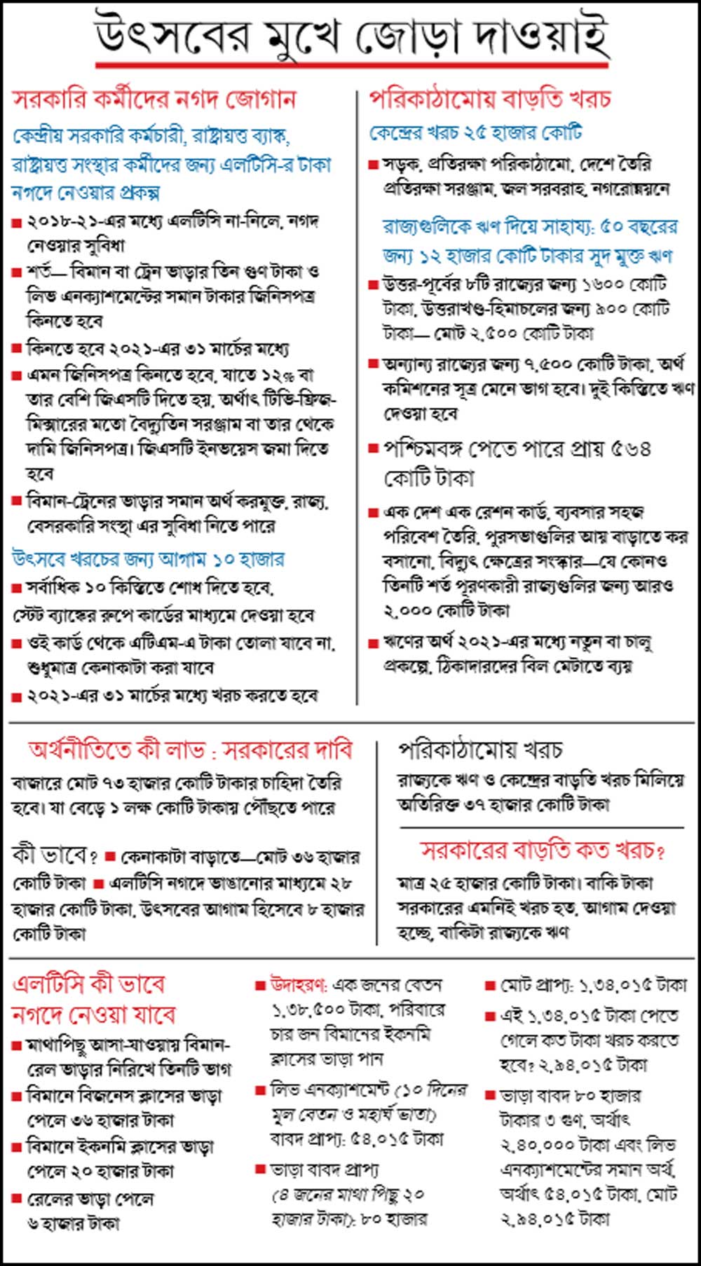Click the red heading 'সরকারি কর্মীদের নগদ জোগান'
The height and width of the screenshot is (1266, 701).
click(x=155, y=99)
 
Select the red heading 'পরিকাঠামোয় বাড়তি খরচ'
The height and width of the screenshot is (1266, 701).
click(x=490, y=99)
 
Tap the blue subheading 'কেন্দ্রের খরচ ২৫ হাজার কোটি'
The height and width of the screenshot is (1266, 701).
click(x=476, y=132)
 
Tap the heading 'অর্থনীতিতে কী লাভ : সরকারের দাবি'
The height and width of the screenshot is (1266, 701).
click(x=190, y=750)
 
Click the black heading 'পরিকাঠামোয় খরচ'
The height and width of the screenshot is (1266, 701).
click(x=480, y=750)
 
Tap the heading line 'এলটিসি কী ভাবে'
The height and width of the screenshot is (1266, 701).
click(x=89, y=984)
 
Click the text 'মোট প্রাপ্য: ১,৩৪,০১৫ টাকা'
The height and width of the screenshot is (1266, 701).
click(x=593, y=986)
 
